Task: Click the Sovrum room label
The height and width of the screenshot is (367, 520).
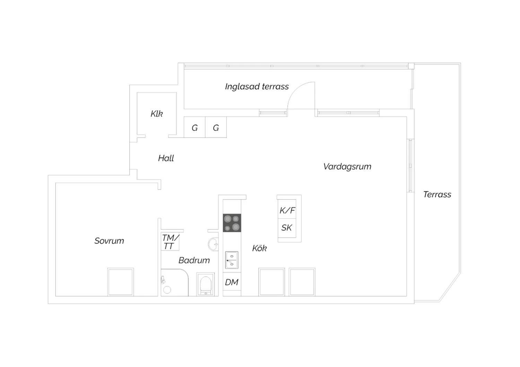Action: [109, 241]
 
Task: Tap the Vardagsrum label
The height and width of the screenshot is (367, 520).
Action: [347, 167]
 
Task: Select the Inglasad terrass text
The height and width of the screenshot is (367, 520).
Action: [257, 87]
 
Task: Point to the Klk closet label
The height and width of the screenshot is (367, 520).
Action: [157, 114]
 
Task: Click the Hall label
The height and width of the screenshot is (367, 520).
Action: [166, 158]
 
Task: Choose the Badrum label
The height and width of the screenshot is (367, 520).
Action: [194, 260]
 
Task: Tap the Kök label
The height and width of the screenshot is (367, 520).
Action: [260, 248]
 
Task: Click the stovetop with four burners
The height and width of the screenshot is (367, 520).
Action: [232, 223]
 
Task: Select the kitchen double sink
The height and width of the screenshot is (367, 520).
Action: [232, 260]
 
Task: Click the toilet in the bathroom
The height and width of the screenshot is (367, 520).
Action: [206, 284]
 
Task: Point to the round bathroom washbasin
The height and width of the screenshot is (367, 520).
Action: [213, 244]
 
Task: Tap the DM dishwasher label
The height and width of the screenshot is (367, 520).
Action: [232, 283]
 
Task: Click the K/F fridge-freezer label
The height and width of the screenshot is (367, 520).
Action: [287, 211]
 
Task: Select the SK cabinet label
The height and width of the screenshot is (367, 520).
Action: [286, 228]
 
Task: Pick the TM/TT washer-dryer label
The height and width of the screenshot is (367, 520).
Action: [171, 242]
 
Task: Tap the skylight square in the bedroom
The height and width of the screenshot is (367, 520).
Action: [121, 282]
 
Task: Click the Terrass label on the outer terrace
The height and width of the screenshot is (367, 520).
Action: [437, 195]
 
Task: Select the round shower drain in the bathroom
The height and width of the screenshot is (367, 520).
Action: [167, 290]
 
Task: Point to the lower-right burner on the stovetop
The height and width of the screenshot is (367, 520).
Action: [236, 227]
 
